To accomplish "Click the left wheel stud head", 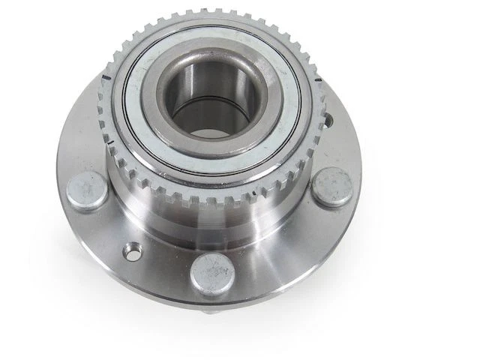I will (x=87, y=190).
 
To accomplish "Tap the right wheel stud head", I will (x=331, y=187).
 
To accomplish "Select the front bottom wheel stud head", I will (x=212, y=274).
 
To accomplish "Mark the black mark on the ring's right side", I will (x=319, y=78).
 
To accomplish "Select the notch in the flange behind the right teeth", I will (x=328, y=120).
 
